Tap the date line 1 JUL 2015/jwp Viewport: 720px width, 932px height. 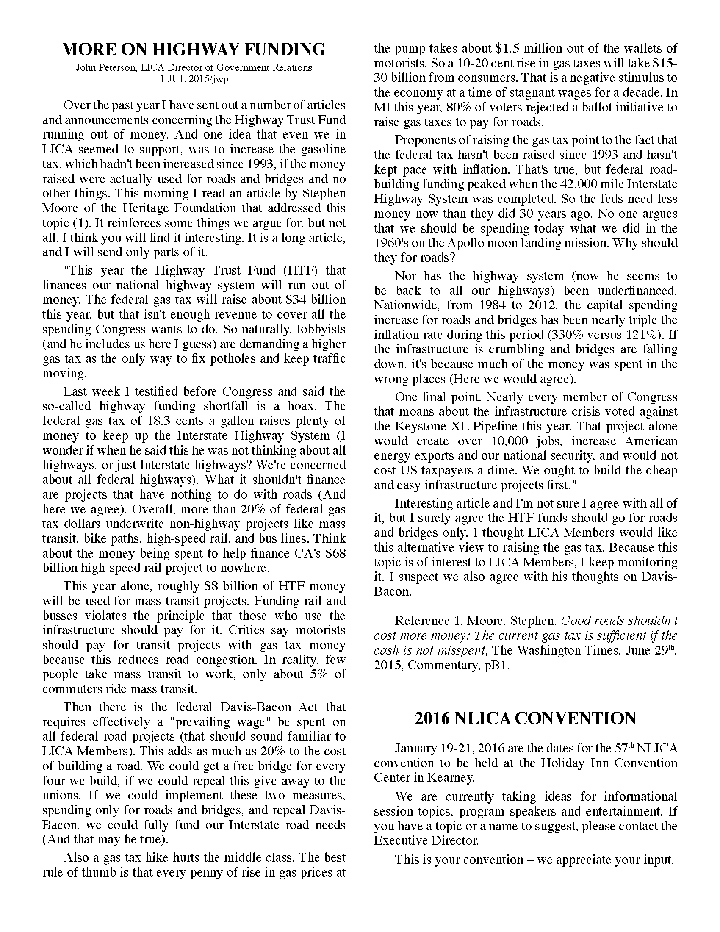[194, 79]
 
